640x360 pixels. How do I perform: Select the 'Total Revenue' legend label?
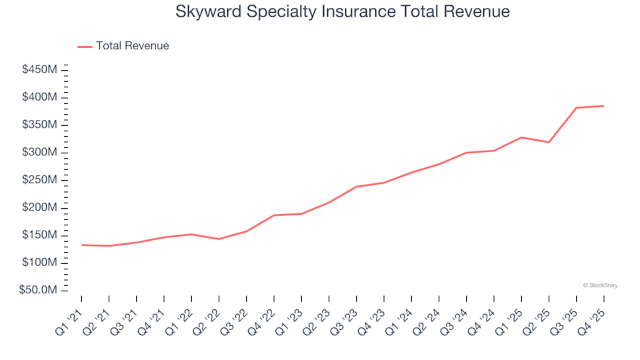coord(132,46)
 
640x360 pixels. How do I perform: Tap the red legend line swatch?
coord(85,47)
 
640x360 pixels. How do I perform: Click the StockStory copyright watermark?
coord(600,285)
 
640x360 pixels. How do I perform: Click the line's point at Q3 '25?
coord(576,107)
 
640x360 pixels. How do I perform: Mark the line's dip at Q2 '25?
coord(549,142)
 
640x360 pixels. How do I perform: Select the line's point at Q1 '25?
coord(521,137)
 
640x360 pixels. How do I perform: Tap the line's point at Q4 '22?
coord(274,215)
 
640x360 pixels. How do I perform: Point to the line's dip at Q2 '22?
coord(219,239)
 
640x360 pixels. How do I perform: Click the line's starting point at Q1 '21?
coord(82,245)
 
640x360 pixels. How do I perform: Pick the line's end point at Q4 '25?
coord(603,106)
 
